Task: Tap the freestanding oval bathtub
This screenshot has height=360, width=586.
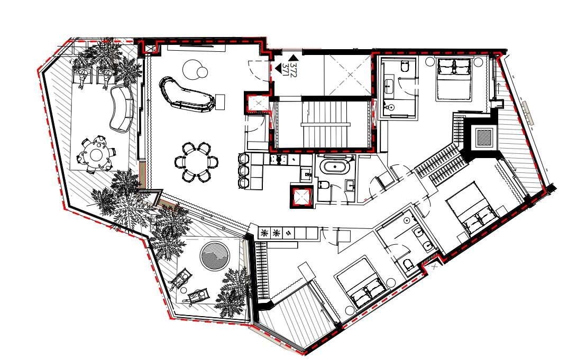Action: coord(335,167)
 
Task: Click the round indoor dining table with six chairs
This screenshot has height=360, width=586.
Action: coord(197,162)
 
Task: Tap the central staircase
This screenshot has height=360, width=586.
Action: coord(325,123)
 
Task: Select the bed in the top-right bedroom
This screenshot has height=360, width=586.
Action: coord(453,79)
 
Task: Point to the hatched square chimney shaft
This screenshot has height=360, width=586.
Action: coord(485,137)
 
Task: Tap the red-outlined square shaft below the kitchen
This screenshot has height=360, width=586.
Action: coord(301,197)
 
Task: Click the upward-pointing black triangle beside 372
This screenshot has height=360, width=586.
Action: coord(294,58)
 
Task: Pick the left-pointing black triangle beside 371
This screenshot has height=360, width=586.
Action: coord(278,68)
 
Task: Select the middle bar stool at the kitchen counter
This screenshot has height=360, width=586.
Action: coord(244,171)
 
